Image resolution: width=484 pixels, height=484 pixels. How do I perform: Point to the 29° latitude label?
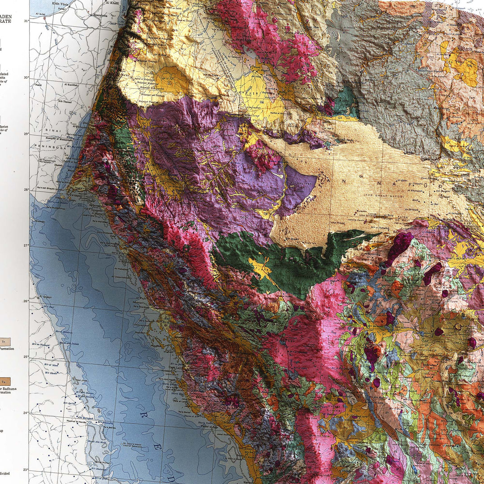(x=26, y=134)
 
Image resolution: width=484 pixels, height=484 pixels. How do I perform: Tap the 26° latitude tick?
(x=26, y=301)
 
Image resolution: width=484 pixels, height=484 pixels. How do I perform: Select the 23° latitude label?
(x=26, y=469)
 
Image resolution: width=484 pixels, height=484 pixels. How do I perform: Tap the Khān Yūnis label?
(x=62, y=3)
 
